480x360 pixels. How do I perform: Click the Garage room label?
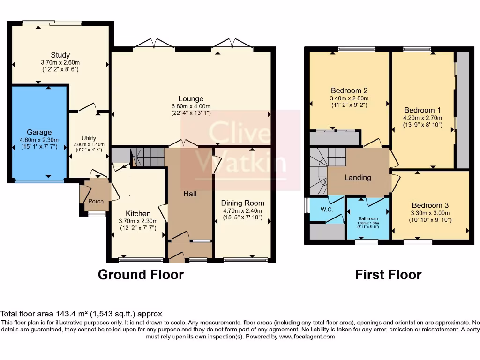point(39,132)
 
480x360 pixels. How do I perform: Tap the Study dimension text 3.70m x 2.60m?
point(60,62)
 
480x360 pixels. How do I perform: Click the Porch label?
point(96,201)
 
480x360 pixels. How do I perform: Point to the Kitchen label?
point(138,213)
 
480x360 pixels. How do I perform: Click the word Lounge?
point(191,98)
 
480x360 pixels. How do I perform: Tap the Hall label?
point(189,194)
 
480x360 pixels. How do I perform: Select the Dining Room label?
point(242,203)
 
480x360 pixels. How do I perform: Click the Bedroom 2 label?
point(349,90)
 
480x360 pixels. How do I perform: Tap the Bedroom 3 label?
point(430,205)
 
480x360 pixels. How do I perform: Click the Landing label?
point(358,177)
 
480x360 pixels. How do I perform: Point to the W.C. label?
point(327,209)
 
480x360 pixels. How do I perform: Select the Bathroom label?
point(368,218)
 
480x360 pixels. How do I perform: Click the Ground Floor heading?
point(141,274)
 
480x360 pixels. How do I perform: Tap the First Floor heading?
point(388,274)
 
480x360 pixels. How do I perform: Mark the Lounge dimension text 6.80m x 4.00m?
point(191,106)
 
